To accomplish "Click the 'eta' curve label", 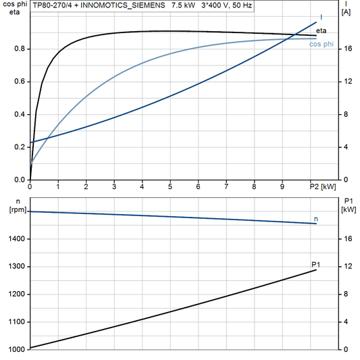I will (x=322, y=32).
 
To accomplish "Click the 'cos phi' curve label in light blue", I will (x=320, y=45).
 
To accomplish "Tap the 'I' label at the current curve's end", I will (x=321, y=17).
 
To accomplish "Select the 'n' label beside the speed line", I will (x=315, y=220).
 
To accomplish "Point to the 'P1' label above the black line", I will (x=315, y=264).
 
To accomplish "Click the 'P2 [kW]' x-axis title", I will (x=322, y=186).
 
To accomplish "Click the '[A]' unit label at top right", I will (x=346, y=12).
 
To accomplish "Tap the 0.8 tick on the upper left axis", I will (x=20, y=49).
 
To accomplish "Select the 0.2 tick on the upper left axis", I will (x=20, y=147).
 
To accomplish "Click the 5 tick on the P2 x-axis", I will (x=170, y=186).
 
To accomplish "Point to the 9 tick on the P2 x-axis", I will (x=282, y=186).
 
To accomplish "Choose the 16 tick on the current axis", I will (x=346, y=49).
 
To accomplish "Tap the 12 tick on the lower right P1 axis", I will (x=346, y=267).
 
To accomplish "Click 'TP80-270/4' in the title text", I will (x=51, y=5).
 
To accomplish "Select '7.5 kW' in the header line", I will (x=182, y=5).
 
